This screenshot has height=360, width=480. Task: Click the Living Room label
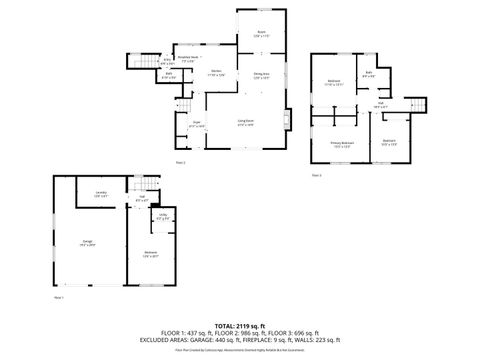coord(245,121)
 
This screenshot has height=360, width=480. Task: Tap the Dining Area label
coord(260,73)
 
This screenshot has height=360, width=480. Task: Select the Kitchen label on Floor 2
coord(216,72)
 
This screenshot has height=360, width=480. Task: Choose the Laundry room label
coord(100,193)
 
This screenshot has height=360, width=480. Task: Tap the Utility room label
coord(162,217)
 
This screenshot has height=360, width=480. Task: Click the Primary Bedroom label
coord(343,143)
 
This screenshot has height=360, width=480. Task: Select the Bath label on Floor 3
coord(369,73)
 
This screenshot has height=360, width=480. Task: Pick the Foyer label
coord(197,123)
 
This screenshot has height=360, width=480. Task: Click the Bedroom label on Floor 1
coord(150,252)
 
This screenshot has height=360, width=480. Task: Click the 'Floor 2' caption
coord(180,161)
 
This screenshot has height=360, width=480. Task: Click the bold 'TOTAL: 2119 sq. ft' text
coord(239,325)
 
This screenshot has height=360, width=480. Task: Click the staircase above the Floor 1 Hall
coord(147,186)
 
